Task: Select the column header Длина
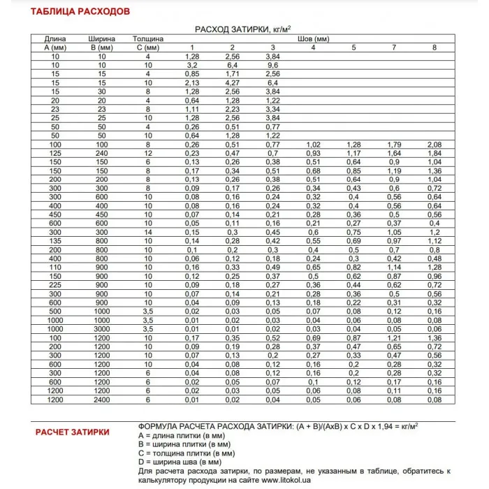(x=54, y=38)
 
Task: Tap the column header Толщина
(x=148, y=38)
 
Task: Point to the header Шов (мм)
(x=313, y=38)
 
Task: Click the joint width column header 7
(x=394, y=47)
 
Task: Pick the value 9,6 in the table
(x=273, y=64)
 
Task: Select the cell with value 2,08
(x=435, y=144)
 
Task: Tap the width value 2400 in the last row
(x=103, y=399)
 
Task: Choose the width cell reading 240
(x=103, y=152)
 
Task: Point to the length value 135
(x=54, y=240)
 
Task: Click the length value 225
(x=54, y=284)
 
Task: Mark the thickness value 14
(x=148, y=232)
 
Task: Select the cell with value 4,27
(x=233, y=82)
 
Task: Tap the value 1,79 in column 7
(x=394, y=144)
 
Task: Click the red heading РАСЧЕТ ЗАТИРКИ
(x=73, y=432)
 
